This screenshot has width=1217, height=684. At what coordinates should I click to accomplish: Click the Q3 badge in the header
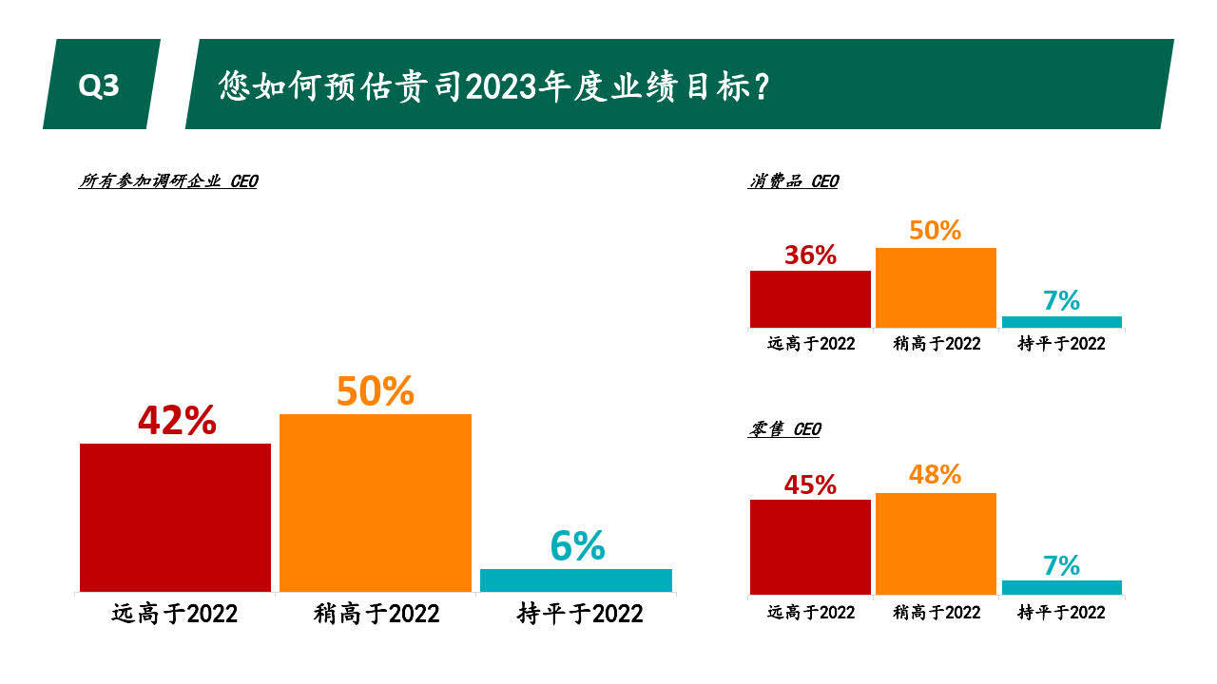coord(99,85)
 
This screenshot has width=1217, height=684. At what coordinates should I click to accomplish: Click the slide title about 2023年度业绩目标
coord(493,85)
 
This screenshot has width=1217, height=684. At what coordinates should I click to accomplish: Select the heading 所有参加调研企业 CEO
coord(167,180)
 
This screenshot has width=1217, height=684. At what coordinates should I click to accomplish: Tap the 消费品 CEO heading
coord(793,180)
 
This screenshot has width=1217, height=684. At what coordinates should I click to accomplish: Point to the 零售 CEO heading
coord(784,429)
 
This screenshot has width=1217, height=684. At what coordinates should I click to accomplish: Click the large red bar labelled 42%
coord(175,517)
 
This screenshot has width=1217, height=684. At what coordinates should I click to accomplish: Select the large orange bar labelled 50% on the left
coord(376,503)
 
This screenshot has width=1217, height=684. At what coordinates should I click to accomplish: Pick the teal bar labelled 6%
coord(576,579)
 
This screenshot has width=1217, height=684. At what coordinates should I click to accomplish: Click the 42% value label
coord(177,421)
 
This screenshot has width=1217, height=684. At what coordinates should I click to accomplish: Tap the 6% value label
coord(577,545)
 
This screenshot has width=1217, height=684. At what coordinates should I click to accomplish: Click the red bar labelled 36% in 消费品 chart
coord(810,299)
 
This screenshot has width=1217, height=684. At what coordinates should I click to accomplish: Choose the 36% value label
coord(810,255)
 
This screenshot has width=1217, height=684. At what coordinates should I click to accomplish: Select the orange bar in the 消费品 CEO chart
coord(936,288)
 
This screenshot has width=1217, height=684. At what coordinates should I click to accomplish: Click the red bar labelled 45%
coord(810,546)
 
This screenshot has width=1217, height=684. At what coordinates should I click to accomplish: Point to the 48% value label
coord(935,474)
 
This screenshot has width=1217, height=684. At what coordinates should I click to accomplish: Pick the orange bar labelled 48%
coord(936,543)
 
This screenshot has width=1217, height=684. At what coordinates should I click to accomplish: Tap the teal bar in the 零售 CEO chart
coord(1061,587)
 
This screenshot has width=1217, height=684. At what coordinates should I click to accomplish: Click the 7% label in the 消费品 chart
coord(1061,300)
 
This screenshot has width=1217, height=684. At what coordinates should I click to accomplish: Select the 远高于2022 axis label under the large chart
coord(175,614)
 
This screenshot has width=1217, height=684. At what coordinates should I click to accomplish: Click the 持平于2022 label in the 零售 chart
coord(1061,612)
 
